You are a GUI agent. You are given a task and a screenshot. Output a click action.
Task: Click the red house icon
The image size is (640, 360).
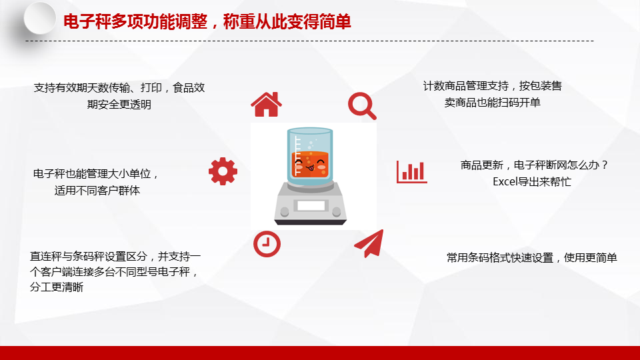[266, 105]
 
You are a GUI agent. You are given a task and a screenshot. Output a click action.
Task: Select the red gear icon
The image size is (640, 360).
[223, 171]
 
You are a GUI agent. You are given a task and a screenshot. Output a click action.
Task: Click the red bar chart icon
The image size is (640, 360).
[411, 172]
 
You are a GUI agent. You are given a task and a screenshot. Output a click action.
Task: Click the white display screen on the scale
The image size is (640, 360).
[311, 205]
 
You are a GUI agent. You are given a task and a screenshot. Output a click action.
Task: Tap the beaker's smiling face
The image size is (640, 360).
[310, 164]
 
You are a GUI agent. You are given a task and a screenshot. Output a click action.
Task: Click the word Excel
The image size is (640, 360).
[505, 181]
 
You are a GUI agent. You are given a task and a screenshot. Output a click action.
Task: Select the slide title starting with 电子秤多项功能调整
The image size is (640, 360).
[207, 21]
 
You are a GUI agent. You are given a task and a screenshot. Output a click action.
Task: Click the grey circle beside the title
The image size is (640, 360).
[39, 18]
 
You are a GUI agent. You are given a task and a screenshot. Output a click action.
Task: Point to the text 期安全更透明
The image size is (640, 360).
[119, 105]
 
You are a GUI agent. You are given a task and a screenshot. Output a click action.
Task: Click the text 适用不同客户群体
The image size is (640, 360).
[97, 191]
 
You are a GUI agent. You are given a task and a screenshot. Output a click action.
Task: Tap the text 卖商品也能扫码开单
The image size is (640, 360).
[492, 103]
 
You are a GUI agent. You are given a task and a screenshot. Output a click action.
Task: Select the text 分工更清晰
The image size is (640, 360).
[56, 287]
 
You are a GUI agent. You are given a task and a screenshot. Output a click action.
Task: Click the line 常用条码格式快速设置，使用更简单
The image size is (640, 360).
[531, 257]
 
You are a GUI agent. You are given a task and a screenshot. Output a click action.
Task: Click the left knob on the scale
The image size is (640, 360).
[285, 212]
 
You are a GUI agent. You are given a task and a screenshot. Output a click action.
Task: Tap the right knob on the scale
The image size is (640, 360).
[337, 211]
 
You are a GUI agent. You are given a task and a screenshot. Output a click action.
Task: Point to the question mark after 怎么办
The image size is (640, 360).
[605, 165]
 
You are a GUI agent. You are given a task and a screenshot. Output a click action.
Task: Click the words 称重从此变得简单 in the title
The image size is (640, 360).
[287, 21]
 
